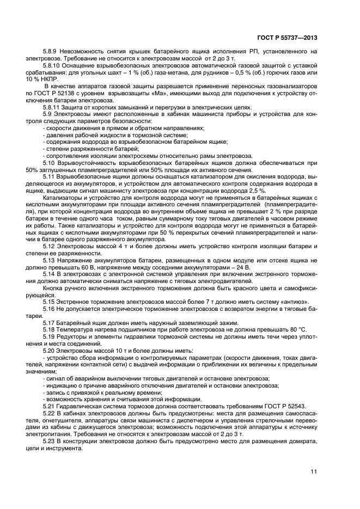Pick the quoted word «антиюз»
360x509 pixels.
point(296,301)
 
